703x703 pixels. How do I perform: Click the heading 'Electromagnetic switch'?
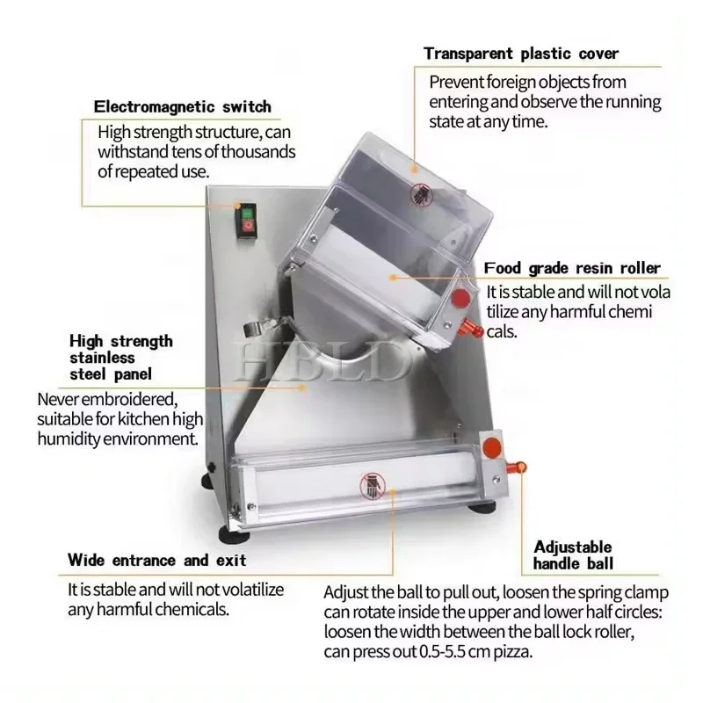pyautogui.click(x=183, y=107)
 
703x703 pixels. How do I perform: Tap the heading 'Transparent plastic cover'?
pyautogui.click(x=521, y=54)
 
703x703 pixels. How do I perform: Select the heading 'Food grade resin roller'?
pyautogui.click(x=572, y=268)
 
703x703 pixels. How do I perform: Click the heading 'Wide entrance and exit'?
pyautogui.click(x=157, y=560)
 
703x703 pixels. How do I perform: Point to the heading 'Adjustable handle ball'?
pyautogui.click(x=573, y=555)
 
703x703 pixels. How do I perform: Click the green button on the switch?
pyautogui.click(x=247, y=214)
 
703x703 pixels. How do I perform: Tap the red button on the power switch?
pyautogui.click(x=247, y=228)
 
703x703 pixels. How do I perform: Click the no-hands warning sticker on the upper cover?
pyautogui.click(x=421, y=195)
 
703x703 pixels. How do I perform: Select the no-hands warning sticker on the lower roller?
pyautogui.click(x=373, y=487)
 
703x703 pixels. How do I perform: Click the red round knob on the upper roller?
pyautogui.click(x=460, y=297)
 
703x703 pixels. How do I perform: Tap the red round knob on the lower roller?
pyautogui.click(x=492, y=446)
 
